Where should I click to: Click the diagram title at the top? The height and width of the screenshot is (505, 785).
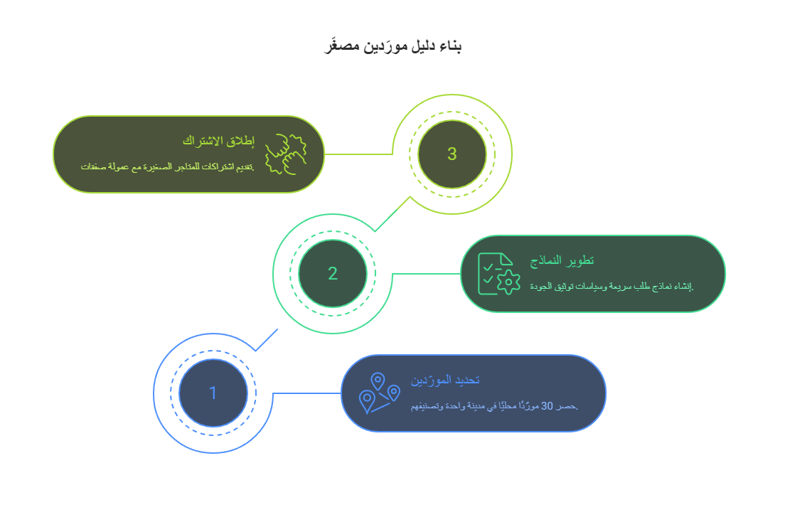click(392, 47)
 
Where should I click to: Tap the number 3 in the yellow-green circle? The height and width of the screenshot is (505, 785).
click(452, 154)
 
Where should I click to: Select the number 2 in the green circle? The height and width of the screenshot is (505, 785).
click(333, 274)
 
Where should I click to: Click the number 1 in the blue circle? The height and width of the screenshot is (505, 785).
click(213, 393)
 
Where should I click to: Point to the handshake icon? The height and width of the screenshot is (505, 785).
click(285, 154)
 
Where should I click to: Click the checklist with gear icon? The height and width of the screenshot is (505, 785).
click(496, 274)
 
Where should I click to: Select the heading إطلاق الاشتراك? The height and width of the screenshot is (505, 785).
click(218, 140)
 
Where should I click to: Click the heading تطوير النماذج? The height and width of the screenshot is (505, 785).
click(562, 260)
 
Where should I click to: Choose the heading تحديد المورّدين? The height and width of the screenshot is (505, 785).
click(445, 380)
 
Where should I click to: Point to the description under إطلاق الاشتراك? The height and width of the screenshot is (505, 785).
click(167, 167)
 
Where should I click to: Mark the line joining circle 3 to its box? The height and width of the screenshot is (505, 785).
click(358, 154)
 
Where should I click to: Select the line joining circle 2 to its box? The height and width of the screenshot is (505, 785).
click(425, 274)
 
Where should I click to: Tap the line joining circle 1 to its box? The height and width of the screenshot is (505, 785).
click(306, 393)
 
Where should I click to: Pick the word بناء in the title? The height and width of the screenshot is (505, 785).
click(450, 47)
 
